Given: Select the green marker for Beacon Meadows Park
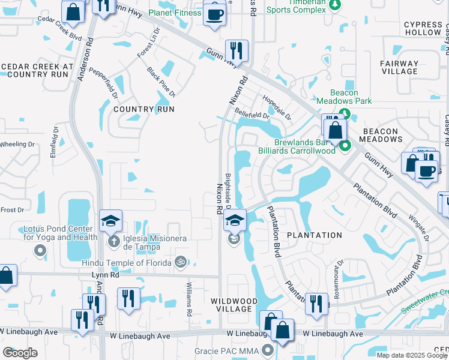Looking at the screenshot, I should pyautogui.click(x=345, y=113).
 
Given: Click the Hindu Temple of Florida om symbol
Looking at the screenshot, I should pyautogui.click(x=178, y=262).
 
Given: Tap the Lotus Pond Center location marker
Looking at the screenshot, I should pyautogui.click(x=40, y=251).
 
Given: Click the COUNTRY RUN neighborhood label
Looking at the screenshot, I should pyautogui.click(x=143, y=109).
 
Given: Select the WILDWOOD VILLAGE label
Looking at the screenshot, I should pyautogui.click(x=234, y=305).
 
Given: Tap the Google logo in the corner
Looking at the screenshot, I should pyautogui.click(x=20, y=353).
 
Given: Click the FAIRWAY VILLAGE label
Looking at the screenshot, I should pyautogui.click(x=399, y=67).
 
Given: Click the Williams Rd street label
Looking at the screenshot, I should pyautogui.click(x=188, y=300).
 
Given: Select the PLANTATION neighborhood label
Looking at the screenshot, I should pyautogui.click(x=314, y=235).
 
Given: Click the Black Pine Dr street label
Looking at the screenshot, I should pyautogui.click(x=161, y=82).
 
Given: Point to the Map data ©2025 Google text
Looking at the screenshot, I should pyautogui.click(x=411, y=355).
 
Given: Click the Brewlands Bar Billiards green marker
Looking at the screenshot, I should pyautogui.click(x=345, y=145).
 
